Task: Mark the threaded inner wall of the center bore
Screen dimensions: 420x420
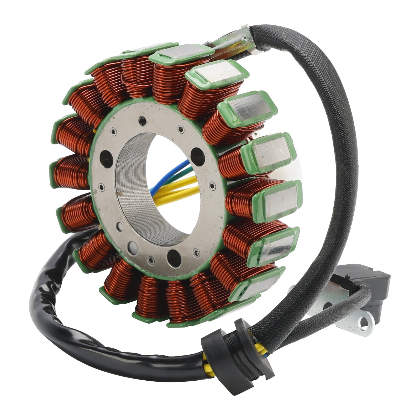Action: pyautogui.click(x=131, y=189)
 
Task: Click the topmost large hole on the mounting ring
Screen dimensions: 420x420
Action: pyautogui.click(x=143, y=121)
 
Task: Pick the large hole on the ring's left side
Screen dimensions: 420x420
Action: pyautogui.click(x=106, y=158)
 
